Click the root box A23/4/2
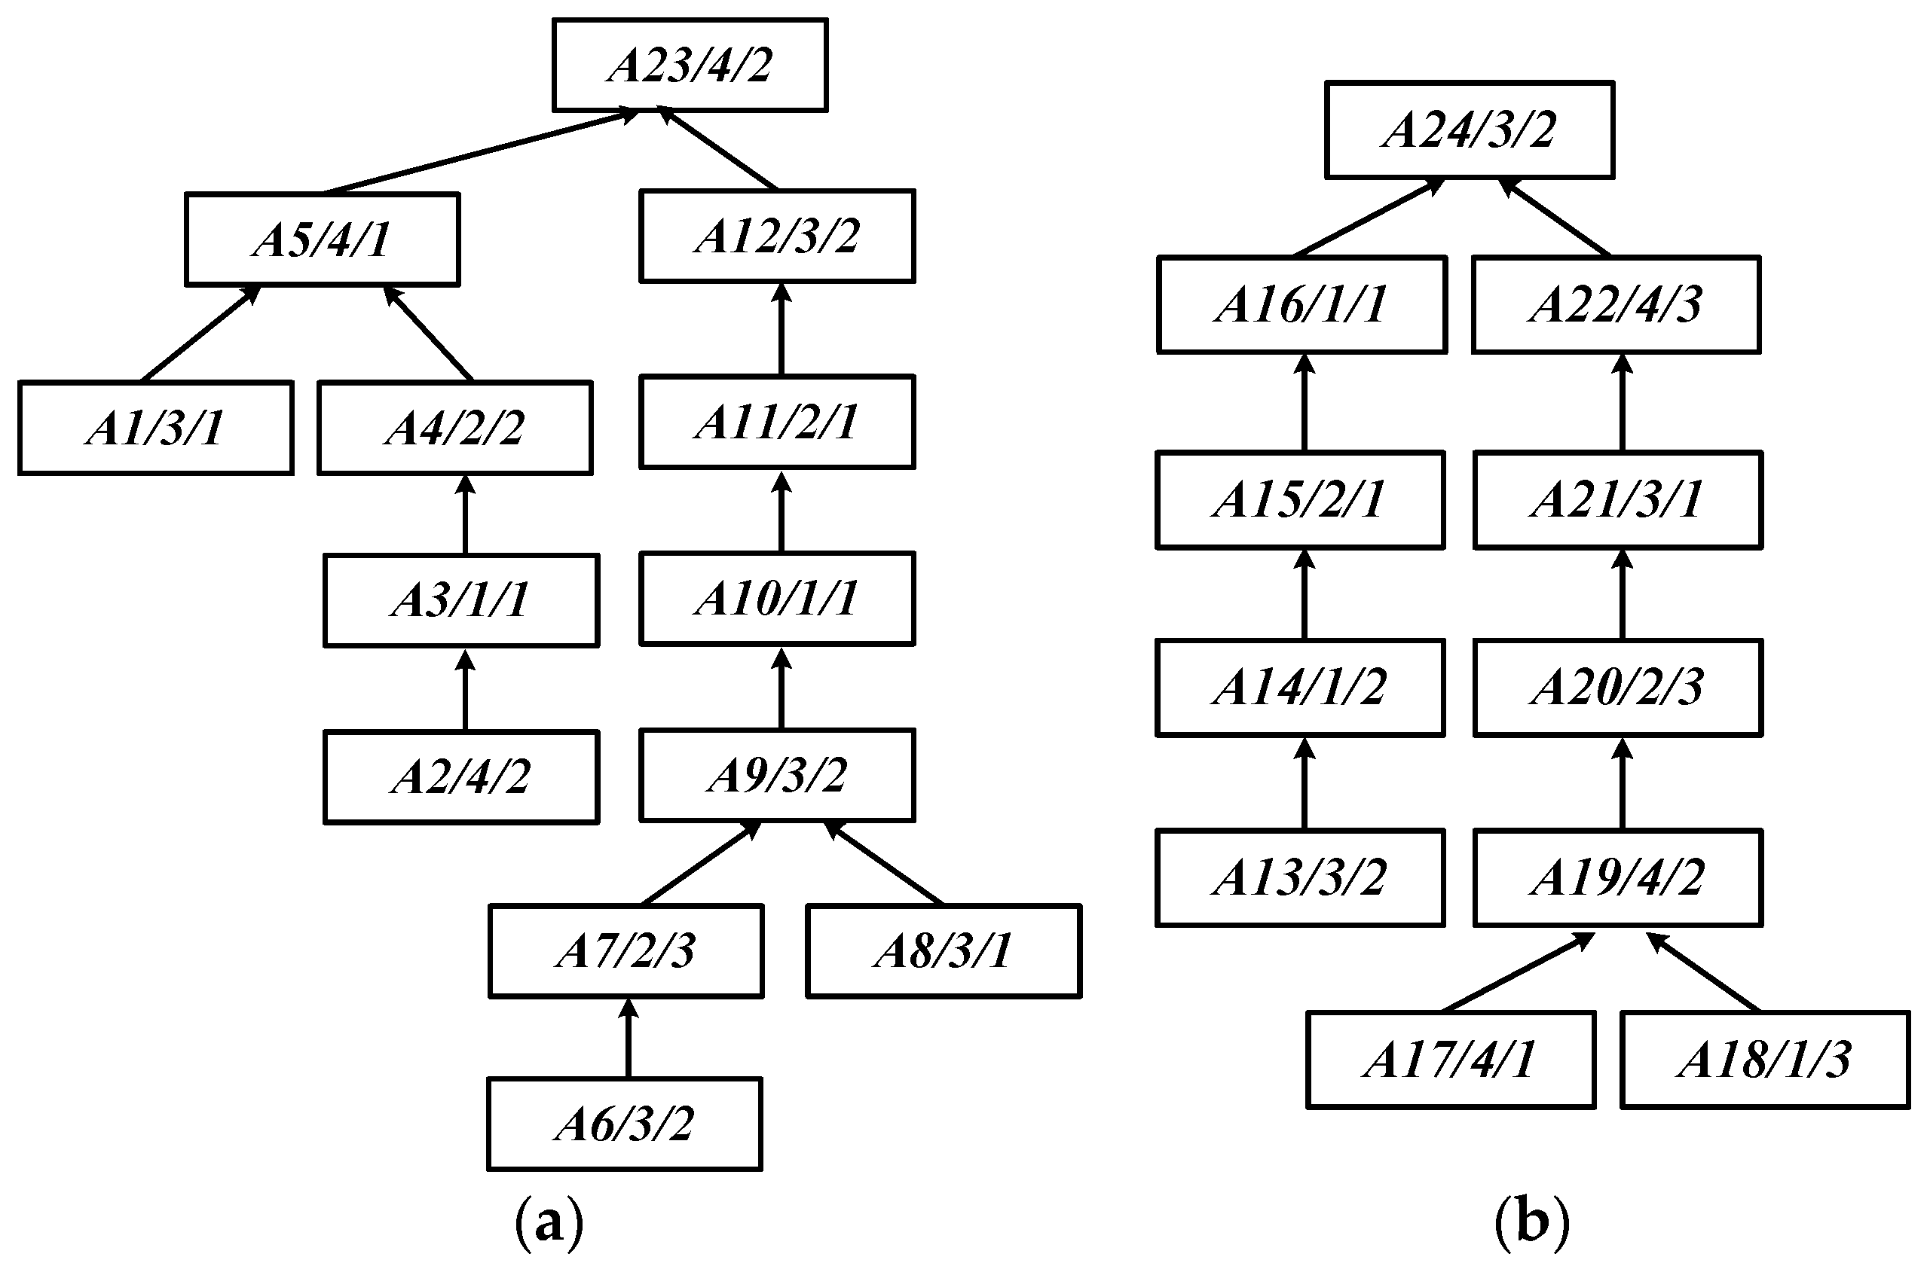tap(690, 65)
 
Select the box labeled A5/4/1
tap(322, 239)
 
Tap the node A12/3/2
tap(777, 236)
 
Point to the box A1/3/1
tap(156, 427)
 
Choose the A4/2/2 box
tap(455, 427)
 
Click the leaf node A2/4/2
tap(460, 776)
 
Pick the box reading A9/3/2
tap(777, 775)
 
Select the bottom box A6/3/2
tap(625, 1124)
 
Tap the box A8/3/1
tap(943, 950)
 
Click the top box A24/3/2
tap(1470, 130)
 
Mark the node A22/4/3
tap(1616, 305)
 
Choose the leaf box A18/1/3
tap(1766, 1060)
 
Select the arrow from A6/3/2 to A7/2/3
tap(628, 1038)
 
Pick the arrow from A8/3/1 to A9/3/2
tap(884, 862)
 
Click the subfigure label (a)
tap(549, 1224)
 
